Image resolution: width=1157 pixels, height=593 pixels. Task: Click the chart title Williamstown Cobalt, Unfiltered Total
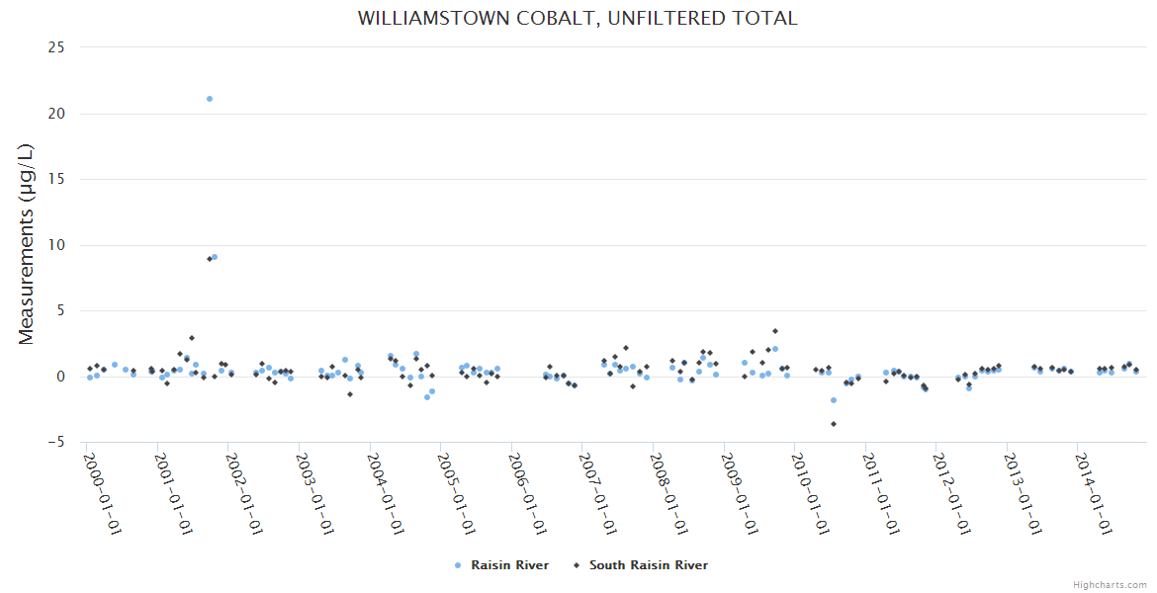578,18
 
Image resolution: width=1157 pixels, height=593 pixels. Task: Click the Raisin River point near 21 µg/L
210,99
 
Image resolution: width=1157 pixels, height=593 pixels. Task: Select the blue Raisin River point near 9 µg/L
215,257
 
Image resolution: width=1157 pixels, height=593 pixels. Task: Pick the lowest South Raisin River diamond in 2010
834,424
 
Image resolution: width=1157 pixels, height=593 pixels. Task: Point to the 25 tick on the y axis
56,47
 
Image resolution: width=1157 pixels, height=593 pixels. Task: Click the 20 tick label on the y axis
56,114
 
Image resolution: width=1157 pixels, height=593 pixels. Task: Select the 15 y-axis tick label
56,179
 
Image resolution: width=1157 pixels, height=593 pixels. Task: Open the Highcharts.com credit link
1110,584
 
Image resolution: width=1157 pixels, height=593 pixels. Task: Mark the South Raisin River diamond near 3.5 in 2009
775,331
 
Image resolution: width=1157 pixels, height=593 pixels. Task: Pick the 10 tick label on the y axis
56,245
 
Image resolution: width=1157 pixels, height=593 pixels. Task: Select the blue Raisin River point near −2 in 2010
834,400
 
